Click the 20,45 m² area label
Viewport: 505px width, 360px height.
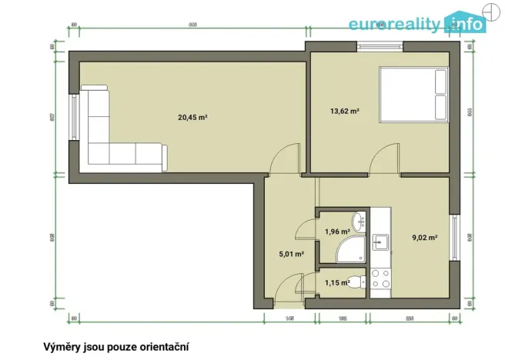point(192,118)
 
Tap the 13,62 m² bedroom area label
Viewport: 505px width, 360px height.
point(345,112)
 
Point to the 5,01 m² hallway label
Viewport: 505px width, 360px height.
point(290,253)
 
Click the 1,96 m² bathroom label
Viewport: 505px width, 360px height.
point(336,232)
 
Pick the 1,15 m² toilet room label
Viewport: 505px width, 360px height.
point(336,282)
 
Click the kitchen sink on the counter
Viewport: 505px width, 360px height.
point(380,243)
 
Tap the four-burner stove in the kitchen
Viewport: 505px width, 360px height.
point(380,282)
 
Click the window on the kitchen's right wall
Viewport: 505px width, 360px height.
point(455,239)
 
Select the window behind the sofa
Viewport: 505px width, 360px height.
point(75,118)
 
